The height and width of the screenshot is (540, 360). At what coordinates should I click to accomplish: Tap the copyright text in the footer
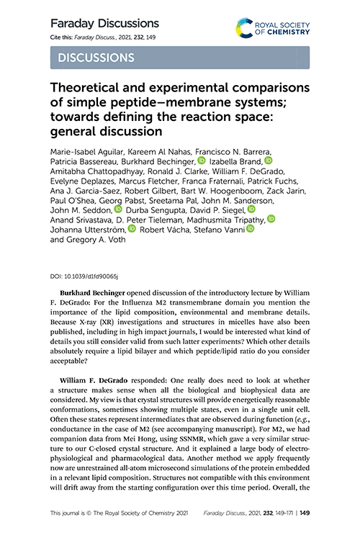coord(118,514)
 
